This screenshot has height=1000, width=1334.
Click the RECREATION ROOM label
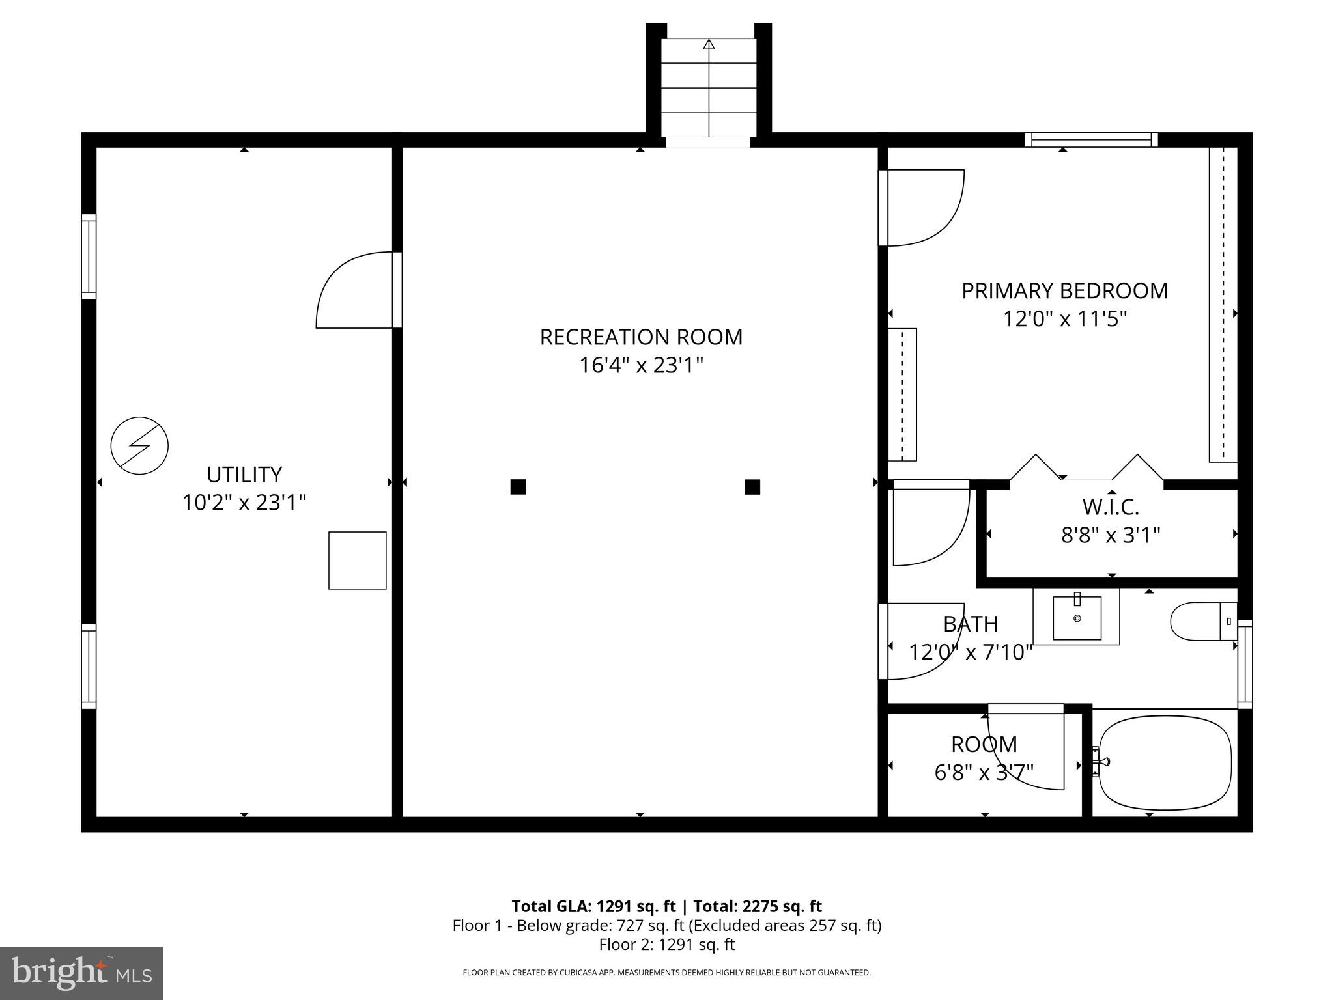click(x=641, y=337)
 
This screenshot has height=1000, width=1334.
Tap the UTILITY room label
click(x=244, y=475)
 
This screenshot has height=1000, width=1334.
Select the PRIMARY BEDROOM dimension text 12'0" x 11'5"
click(x=1064, y=319)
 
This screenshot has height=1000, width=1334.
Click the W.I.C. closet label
click(x=1111, y=507)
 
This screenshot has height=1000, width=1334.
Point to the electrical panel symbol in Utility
click(x=139, y=445)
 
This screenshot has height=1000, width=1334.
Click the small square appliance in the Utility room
click(x=357, y=561)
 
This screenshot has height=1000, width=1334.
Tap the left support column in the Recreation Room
click(x=518, y=487)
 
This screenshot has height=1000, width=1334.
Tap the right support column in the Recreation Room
click(x=752, y=487)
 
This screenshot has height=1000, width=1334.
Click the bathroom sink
click(x=1077, y=617)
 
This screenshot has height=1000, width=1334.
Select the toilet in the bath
click(x=1202, y=621)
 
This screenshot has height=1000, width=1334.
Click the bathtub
click(x=1165, y=763)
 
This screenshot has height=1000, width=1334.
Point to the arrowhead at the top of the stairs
click(x=709, y=44)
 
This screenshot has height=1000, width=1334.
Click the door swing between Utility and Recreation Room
click(x=355, y=291)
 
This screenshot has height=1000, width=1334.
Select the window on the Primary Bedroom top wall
click(x=1091, y=140)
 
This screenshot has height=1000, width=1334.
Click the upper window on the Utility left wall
click(x=89, y=257)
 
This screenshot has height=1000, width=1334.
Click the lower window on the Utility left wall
click(x=89, y=666)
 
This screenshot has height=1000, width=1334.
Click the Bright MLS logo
click(x=81, y=973)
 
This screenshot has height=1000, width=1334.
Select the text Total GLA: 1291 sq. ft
click(x=593, y=906)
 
